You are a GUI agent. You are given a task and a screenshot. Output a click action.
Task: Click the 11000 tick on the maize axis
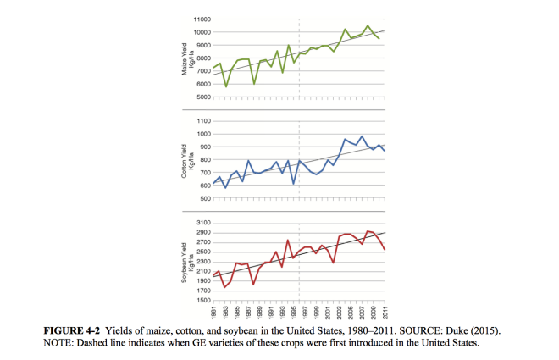coord(201,19)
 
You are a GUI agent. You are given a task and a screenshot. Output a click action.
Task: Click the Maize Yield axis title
coord(185,58)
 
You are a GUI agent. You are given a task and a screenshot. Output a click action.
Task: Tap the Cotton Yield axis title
coord(185,160)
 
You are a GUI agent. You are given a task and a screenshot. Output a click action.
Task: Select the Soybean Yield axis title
coord(185,261)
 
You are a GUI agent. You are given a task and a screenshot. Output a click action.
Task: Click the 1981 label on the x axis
coord(215,312)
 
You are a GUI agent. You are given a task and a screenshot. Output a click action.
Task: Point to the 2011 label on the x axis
coord(385,312)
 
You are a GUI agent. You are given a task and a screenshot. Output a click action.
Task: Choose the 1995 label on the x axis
coord(294,312)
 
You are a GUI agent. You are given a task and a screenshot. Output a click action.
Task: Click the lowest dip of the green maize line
coord(225,86)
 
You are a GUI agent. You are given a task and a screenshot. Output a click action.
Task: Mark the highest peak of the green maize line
coord(368,25)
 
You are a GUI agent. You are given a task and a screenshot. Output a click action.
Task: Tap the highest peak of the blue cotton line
coord(363,136)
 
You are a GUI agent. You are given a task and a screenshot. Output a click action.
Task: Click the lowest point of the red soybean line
coord(225,287)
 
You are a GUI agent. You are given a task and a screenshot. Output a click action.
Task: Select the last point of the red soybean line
coord(385,250)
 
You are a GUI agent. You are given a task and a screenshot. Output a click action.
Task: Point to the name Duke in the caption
coord(470,327)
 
